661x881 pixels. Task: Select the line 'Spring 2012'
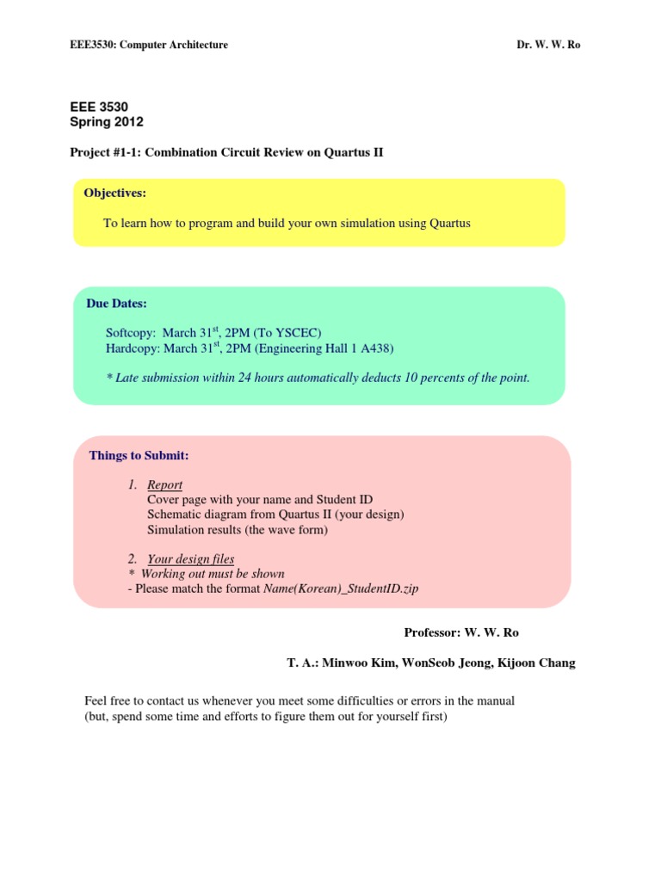point(107,122)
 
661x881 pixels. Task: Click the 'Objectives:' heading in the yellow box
point(114,192)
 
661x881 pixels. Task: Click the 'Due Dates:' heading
point(116,303)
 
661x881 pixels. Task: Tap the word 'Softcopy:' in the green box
point(131,332)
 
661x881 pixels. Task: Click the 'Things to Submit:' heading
point(139,455)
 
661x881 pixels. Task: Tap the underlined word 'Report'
point(164,484)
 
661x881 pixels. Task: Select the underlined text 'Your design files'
point(190,558)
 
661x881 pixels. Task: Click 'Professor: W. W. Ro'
point(461,632)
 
